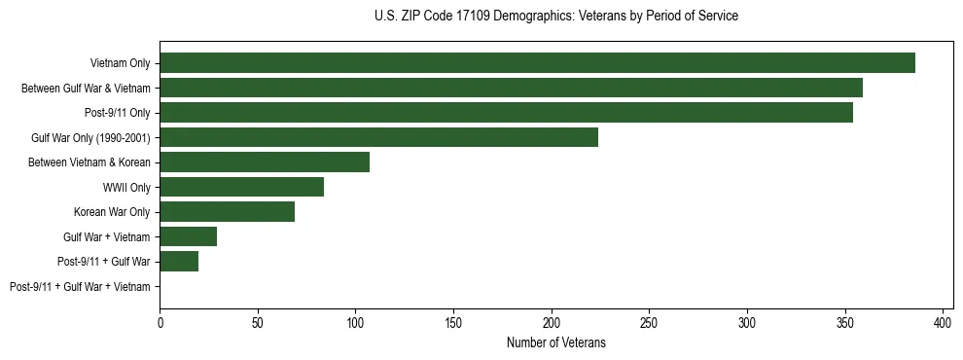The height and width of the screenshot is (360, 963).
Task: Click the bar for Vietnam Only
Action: [537, 63]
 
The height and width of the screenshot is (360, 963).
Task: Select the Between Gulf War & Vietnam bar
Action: [511, 88]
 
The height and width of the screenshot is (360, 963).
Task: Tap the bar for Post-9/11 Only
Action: [506, 113]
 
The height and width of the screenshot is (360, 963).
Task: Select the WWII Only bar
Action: [241, 187]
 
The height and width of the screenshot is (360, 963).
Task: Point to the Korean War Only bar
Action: [227, 211]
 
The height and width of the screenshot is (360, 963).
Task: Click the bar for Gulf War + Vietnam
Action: [188, 236]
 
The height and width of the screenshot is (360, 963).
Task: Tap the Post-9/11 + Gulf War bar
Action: [179, 261]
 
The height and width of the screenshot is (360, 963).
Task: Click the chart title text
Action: [555, 17]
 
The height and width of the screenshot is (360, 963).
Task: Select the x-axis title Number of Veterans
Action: [555, 342]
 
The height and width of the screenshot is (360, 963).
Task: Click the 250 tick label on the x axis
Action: [649, 322]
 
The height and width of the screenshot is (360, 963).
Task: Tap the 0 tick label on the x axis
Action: [160, 322]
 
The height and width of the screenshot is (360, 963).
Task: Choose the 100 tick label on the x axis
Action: [355, 322]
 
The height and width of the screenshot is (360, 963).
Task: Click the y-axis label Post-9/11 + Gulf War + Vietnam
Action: [80, 286]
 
